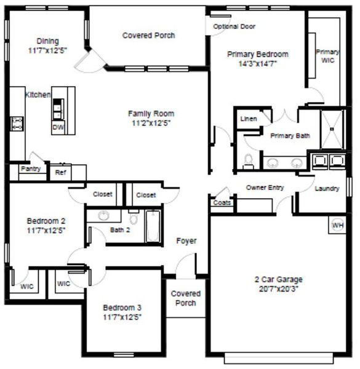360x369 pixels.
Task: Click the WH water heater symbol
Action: [x=337, y=226]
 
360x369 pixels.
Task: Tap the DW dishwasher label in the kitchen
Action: [x=57, y=127]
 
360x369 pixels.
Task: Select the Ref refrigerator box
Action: [x=60, y=173]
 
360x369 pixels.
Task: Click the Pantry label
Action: [x=30, y=168]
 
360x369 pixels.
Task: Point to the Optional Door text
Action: [x=234, y=26]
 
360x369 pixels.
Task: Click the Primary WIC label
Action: [x=327, y=57]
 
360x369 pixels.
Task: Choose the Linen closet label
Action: [x=249, y=119]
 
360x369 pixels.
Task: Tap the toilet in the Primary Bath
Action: [x=249, y=161]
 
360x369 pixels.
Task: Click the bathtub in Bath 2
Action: [x=152, y=226]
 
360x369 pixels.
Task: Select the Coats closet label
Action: [x=222, y=202]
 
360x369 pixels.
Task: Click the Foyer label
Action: [x=186, y=241]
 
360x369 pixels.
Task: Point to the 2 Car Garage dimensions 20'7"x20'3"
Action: [x=279, y=288]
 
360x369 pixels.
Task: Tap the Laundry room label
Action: [x=327, y=189]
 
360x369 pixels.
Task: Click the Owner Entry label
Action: [x=265, y=187]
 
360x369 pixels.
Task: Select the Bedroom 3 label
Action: [x=122, y=307]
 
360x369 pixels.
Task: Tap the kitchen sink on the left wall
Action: [x=16, y=124]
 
